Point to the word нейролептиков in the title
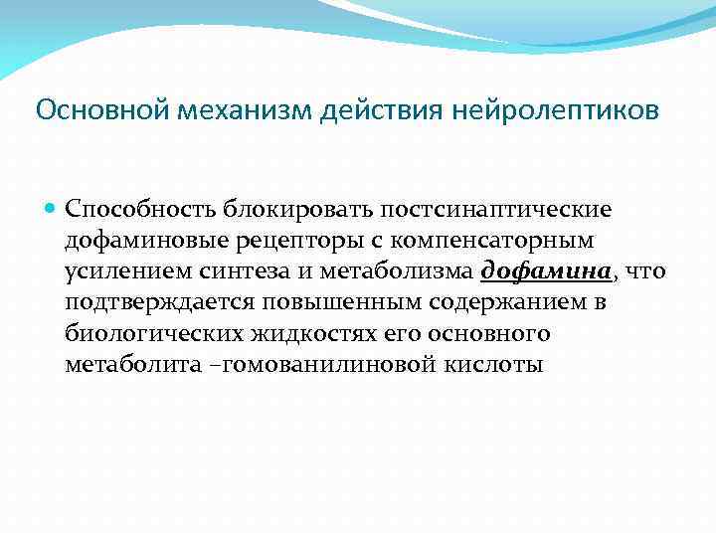(x=555, y=108)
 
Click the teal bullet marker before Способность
(x=52, y=210)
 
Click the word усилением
(x=120, y=271)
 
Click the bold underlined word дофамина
(x=546, y=271)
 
